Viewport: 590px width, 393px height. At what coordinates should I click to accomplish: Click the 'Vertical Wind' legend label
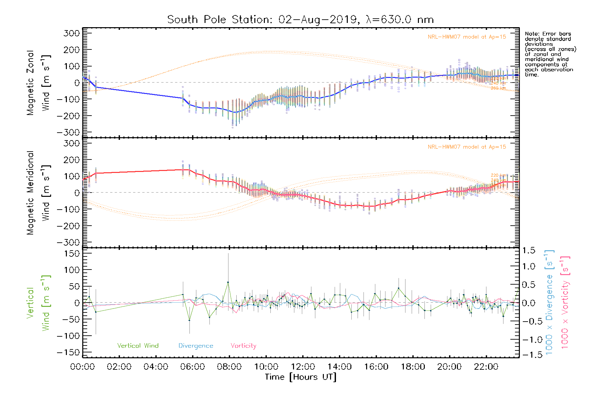pos(138,346)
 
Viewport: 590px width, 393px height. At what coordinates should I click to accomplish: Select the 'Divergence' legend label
pos(196,346)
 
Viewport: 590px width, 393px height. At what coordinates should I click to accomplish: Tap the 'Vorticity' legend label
pos(243,346)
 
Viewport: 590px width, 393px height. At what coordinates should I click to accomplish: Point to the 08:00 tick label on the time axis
pos(229,367)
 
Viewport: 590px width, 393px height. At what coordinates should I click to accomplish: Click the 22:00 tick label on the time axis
pos(486,367)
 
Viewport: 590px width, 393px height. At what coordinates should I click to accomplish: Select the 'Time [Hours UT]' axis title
pos(300,377)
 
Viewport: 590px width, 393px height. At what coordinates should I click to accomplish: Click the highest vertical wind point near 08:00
pos(228,282)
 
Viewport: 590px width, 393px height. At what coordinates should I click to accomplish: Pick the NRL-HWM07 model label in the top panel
pos(467,37)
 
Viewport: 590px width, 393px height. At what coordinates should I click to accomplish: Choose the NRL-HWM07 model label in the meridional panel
pos(467,147)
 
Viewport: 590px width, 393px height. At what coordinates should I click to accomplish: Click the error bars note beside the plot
pos(550,54)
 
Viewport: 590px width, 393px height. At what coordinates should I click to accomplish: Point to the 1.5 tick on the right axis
pos(528,251)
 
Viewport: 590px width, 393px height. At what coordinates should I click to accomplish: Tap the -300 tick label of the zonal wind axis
pos(68,133)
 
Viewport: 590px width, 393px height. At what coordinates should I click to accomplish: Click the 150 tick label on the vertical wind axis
pos(70,253)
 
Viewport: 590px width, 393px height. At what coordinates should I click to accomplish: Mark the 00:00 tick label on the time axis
pos(82,367)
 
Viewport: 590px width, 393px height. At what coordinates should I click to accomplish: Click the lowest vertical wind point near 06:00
pos(189,320)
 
